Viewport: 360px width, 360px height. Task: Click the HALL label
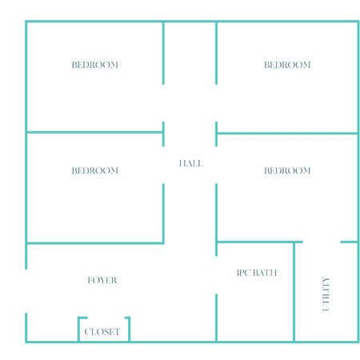pyautogui.click(x=191, y=163)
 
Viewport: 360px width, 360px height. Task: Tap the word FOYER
pyautogui.click(x=102, y=280)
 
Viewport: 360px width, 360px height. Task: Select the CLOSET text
pyautogui.click(x=102, y=332)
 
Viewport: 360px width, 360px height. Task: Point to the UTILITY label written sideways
pyautogui.click(x=326, y=294)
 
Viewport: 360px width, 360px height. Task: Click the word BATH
pyautogui.click(x=265, y=273)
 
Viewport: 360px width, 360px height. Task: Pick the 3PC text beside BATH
pyautogui.click(x=242, y=273)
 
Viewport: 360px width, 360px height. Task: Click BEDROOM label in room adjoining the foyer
pyautogui.click(x=95, y=170)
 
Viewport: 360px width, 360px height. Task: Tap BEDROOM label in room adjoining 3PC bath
pyautogui.click(x=287, y=170)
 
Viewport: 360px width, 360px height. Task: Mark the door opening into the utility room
pyautogui.click(x=322, y=242)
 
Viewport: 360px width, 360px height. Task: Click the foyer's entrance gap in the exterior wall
pyautogui.click(x=26, y=291)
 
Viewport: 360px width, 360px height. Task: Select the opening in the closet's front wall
pyautogui.click(x=106, y=318)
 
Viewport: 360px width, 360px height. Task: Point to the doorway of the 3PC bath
pyautogui.click(x=216, y=275)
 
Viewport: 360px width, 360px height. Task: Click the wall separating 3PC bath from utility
pyautogui.click(x=294, y=292)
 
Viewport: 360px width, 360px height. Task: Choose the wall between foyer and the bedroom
pyautogui.click(x=95, y=243)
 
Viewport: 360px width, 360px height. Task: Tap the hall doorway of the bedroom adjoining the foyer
pyautogui.click(x=163, y=165)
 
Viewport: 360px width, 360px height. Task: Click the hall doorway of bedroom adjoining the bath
pyautogui.click(x=216, y=165)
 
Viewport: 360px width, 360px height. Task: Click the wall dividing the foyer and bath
pyautogui.click(x=216, y=318)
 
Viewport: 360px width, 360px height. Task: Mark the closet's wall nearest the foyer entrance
pyautogui.click(x=78, y=330)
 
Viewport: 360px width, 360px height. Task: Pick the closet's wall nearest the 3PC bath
pyautogui.click(x=130, y=330)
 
